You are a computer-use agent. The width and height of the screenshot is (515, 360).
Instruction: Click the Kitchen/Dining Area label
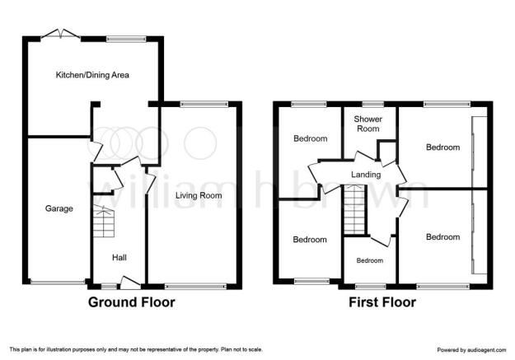[92, 75]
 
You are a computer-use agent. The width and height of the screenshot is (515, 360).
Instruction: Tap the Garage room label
[59, 208]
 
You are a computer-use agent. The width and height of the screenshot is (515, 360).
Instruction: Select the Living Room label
[199, 195]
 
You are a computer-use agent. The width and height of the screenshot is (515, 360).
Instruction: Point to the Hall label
[119, 258]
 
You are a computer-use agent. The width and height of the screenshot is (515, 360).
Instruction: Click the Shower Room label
[368, 124]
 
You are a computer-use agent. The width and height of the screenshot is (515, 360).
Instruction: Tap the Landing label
[366, 175]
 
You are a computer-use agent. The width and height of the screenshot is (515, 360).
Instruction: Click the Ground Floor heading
[131, 302]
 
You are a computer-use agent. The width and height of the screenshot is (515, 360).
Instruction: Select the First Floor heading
[382, 302]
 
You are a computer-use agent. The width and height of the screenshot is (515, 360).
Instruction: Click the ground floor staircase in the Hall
[104, 221]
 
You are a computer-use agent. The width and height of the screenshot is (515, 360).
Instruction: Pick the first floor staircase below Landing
[354, 209]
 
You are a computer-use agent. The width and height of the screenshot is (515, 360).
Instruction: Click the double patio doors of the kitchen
[60, 35]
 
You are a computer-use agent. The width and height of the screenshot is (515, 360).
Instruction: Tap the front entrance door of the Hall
[130, 283]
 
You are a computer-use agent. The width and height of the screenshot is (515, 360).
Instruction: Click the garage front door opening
[58, 282]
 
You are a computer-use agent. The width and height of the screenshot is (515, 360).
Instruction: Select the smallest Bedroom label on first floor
[370, 260]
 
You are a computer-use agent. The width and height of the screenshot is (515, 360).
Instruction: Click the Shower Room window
[372, 104]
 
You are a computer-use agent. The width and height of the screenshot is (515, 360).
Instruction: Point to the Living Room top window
[204, 104]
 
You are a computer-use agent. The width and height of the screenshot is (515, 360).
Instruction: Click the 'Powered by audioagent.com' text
[471, 350]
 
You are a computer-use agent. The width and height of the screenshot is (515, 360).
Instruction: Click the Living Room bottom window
[195, 287]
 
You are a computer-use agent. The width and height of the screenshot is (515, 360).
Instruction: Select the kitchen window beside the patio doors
[126, 39]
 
